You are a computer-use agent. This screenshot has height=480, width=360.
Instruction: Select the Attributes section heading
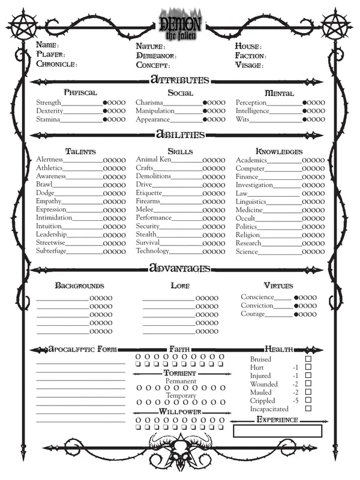(x=179, y=80)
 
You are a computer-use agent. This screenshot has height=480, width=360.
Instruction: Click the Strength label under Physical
(x=49, y=103)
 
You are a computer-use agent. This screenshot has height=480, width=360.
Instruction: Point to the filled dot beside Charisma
(x=205, y=103)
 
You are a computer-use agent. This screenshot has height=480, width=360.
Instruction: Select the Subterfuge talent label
(x=51, y=251)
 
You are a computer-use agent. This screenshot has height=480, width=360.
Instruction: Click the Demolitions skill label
(x=153, y=176)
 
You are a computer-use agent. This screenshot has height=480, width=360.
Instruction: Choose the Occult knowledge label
(x=246, y=218)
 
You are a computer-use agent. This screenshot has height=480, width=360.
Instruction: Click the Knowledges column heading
(x=279, y=151)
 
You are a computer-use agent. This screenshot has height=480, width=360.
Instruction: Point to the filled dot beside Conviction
(x=296, y=306)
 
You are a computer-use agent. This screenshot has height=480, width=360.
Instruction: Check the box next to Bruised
(x=308, y=359)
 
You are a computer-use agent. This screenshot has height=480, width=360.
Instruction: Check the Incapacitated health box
(x=308, y=409)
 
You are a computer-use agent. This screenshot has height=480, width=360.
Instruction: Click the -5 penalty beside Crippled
(x=295, y=400)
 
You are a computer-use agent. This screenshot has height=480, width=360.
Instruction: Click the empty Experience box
(x=277, y=431)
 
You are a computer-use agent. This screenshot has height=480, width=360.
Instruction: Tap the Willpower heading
(x=179, y=412)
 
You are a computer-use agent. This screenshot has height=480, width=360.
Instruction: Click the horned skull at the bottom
(x=179, y=454)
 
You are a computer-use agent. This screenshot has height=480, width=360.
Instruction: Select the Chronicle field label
(x=56, y=64)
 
